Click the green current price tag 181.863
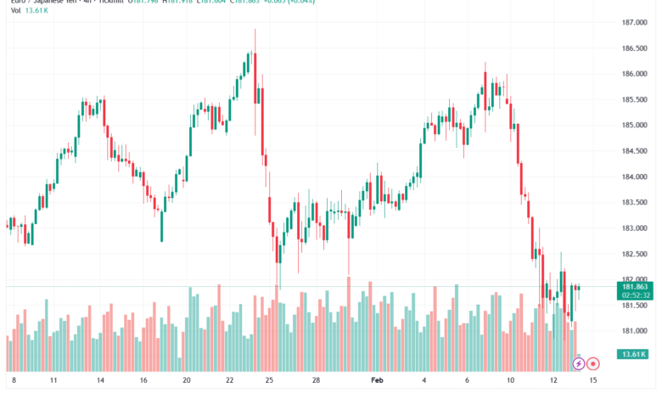click(x=633, y=288)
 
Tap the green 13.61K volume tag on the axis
click(x=633, y=354)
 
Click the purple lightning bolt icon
click(x=579, y=363)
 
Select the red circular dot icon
click(x=594, y=363)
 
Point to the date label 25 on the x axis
click(x=269, y=382)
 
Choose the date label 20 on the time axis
click(x=187, y=382)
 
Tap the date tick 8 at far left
click(x=13, y=382)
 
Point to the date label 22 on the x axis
click(x=230, y=382)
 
